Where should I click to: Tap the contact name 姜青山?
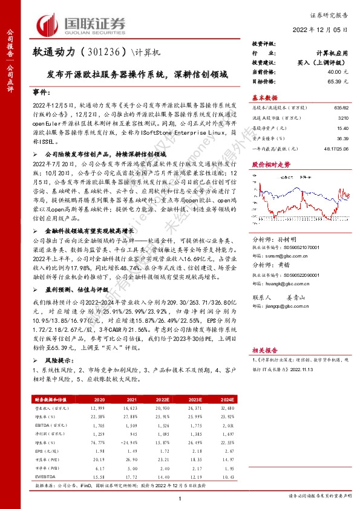click(293, 298)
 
